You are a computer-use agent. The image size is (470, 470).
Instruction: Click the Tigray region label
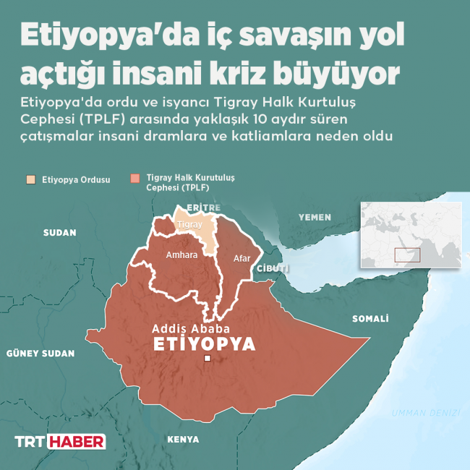pos(189,225)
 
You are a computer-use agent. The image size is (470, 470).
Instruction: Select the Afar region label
pos(242,258)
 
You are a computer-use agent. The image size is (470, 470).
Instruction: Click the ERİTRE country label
pos(202,208)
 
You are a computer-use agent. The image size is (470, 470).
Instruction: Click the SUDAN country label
pos(59,232)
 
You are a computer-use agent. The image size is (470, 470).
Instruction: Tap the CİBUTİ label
pos(273,268)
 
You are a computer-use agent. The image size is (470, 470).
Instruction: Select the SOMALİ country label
pos(370,318)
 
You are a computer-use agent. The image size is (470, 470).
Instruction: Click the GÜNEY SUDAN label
pos(40,354)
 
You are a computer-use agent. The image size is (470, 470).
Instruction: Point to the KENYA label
pos(182,439)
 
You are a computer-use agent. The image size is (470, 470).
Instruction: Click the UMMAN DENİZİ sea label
pos(425,412)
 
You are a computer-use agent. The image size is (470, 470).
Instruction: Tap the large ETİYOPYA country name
pos(205,344)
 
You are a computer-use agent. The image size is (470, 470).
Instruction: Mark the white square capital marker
pos(208,359)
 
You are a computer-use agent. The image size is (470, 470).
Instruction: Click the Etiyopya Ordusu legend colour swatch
pos(30,179)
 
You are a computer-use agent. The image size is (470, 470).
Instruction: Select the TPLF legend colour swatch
pos(134,179)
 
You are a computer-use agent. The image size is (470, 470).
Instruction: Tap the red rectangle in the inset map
pos(407,255)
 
